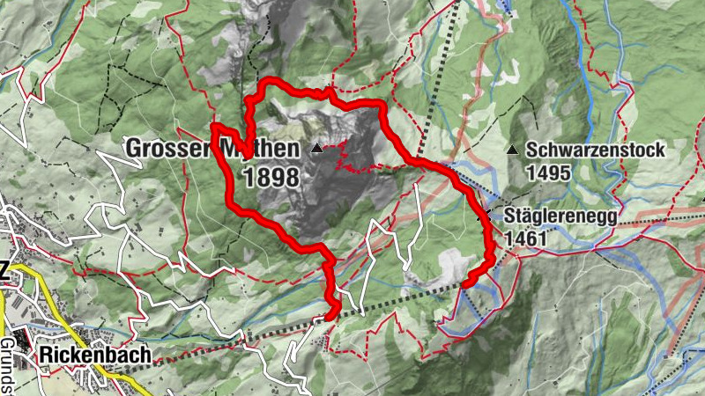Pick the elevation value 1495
tap(549, 173)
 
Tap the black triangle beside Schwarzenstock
tap(512, 149)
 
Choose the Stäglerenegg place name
tap(560, 216)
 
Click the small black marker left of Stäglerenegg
tap(484, 216)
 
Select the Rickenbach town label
tap(95, 355)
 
